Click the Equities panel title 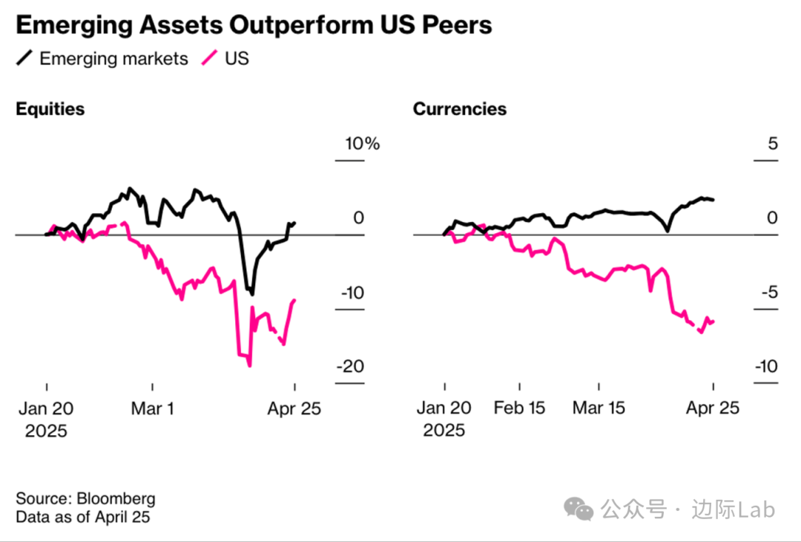pyautogui.click(x=50, y=109)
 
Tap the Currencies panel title pyautogui.click(x=460, y=109)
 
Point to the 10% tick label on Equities pyautogui.click(x=361, y=143)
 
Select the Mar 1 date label pyautogui.click(x=152, y=408)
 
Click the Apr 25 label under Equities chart pyautogui.click(x=294, y=408)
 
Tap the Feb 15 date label pyautogui.click(x=519, y=408)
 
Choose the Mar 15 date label pyautogui.click(x=599, y=408)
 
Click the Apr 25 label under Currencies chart pyautogui.click(x=713, y=408)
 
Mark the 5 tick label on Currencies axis pyautogui.click(x=773, y=143)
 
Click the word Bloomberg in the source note pyautogui.click(x=116, y=498)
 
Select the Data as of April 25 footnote pyautogui.click(x=83, y=517)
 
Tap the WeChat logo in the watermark pyautogui.click(x=578, y=509)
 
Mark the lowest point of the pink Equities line pyautogui.click(x=249, y=365)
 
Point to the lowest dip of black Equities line pyautogui.click(x=251, y=294)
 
